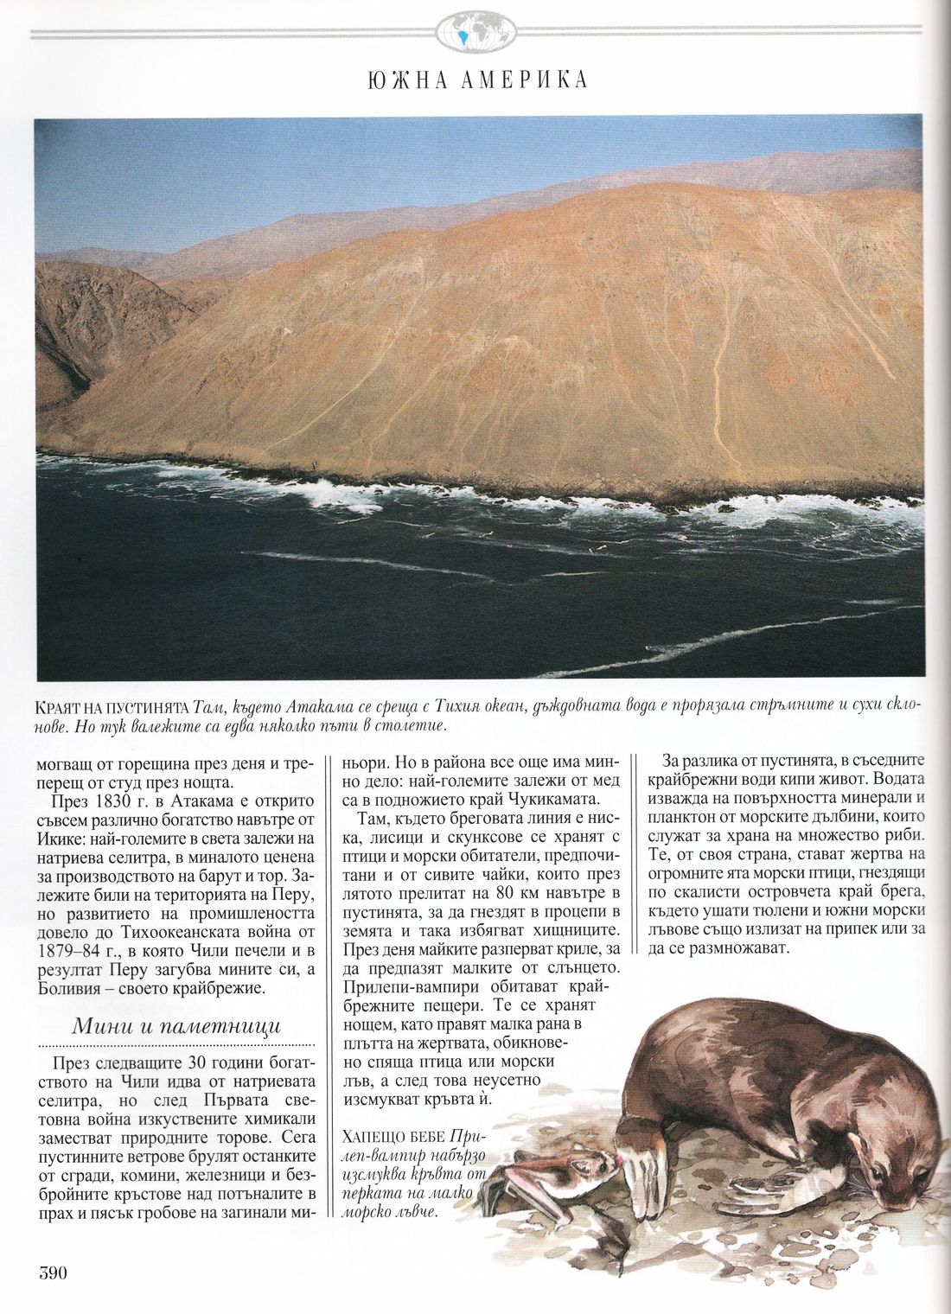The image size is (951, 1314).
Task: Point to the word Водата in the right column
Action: [x=899, y=778]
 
